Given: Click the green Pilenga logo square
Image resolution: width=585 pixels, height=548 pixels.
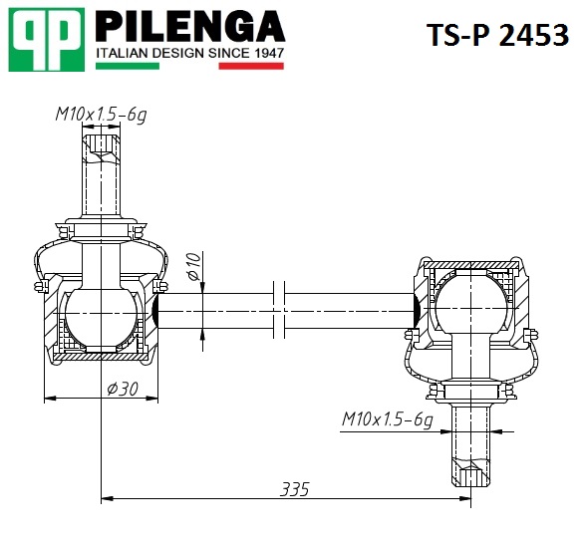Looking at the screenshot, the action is click(x=47, y=40).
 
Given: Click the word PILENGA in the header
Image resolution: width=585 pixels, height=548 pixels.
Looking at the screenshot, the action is click(x=190, y=26).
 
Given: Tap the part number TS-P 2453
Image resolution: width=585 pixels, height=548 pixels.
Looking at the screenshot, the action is click(x=497, y=35).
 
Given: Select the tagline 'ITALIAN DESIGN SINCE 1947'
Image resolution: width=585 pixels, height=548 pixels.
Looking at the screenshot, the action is click(x=190, y=54).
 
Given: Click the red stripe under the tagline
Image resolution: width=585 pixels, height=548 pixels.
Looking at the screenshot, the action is click(x=251, y=66).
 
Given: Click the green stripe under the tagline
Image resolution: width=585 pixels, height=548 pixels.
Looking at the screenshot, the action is click(x=128, y=66).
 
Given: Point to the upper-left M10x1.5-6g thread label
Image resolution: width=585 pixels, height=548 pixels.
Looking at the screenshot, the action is click(x=101, y=115).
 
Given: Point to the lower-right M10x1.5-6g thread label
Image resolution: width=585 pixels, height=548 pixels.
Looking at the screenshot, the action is click(x=388, y=419).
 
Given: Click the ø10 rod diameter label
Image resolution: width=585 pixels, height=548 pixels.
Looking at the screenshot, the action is click(x=194, y=266).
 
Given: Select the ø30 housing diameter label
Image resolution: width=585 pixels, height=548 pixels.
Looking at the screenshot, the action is click(x=123, y=389).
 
